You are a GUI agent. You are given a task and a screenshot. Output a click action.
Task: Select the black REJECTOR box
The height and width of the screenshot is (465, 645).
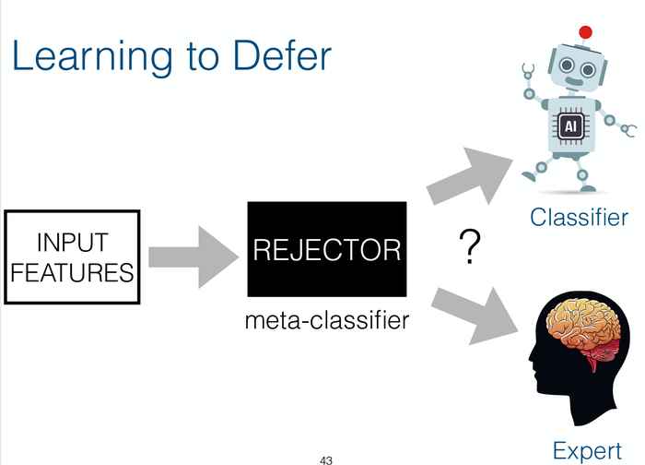click(326, 249)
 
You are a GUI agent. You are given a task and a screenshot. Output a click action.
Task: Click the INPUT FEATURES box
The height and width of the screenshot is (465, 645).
click(72, 257)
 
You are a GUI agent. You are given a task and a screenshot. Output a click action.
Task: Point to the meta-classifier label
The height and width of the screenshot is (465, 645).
click(326, 322)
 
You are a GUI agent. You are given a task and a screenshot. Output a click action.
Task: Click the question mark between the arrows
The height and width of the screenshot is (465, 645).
click(471, 247)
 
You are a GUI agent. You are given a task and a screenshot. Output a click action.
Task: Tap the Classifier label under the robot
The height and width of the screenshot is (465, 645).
click(579, 218)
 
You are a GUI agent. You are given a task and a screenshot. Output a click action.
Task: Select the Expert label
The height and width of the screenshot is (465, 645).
click(587, 451)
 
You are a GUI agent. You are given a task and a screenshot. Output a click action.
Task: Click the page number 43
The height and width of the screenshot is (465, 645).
click(325, 459)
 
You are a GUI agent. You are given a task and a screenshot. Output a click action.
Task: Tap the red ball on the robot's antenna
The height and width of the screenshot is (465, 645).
click(584, 33)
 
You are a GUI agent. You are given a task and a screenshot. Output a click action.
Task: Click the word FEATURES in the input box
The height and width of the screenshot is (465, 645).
click(72, 274)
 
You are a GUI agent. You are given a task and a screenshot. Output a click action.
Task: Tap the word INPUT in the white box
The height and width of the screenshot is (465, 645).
click(72, 243)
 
